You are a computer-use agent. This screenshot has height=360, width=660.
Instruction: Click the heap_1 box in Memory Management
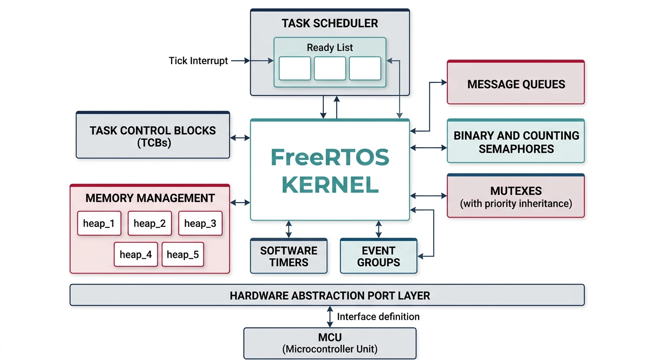click(x=99, y=223)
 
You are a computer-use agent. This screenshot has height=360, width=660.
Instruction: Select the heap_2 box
click(x=150, y=223)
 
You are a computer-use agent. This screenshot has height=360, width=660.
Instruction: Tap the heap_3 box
click(x=200, y=223)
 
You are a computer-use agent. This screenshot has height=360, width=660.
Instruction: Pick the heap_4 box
click(x=135, y=255)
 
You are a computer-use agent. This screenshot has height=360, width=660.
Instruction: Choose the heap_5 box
click(x=183, y=255)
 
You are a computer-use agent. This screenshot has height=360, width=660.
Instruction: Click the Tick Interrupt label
click(x=198, y=60)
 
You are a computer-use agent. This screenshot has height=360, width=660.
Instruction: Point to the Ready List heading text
click(x=330, y=47)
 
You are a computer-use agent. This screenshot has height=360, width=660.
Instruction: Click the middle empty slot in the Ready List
click(x=330, y=68)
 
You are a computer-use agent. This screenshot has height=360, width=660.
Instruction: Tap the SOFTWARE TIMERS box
click(x=289, y=256)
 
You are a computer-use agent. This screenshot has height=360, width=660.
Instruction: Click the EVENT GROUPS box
click(x=378, y=256)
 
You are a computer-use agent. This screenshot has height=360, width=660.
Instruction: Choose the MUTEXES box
click(x=516, y=196)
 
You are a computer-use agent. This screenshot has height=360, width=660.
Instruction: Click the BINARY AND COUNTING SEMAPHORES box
click(x=516, y=142)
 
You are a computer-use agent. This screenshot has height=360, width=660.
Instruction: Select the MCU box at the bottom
click(x=330, y=343)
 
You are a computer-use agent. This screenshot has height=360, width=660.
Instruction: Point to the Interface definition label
click(x=378, y=316)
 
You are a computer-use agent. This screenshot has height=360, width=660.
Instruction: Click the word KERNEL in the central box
click(x=330, y=185)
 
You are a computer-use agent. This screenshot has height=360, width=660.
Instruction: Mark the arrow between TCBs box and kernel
click(x=240, y=138)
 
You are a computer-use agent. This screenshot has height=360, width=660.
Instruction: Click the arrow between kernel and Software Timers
click(x=289, y=229)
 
